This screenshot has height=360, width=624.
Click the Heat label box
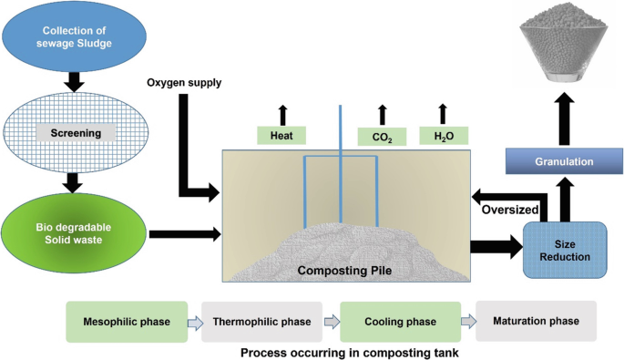point(281,136)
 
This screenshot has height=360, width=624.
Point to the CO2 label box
point(382,137)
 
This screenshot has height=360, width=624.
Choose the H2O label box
point(444,136)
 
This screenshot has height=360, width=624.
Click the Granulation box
point(558,162)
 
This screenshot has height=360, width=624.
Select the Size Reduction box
point(565,249)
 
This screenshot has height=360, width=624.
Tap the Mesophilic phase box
point(126,322)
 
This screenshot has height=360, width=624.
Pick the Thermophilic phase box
point(262,322)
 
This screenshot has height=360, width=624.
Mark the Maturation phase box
point(537,321)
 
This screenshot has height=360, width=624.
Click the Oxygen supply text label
point(185,84)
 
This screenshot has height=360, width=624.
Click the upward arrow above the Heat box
point(282,114)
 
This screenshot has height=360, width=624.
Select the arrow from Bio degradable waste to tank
point(183,234)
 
